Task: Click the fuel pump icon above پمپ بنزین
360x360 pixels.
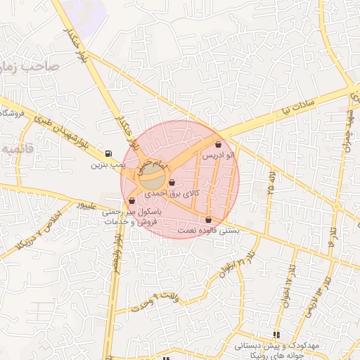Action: click(107, 154)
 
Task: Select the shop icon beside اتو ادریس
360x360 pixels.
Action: click(219, 145)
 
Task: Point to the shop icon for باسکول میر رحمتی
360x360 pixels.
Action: click(132, 201)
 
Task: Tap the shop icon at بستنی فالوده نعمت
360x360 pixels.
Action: click(209, 219)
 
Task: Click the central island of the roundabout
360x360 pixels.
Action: click(156, 173)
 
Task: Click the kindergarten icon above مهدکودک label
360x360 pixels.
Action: click(277, 335)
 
